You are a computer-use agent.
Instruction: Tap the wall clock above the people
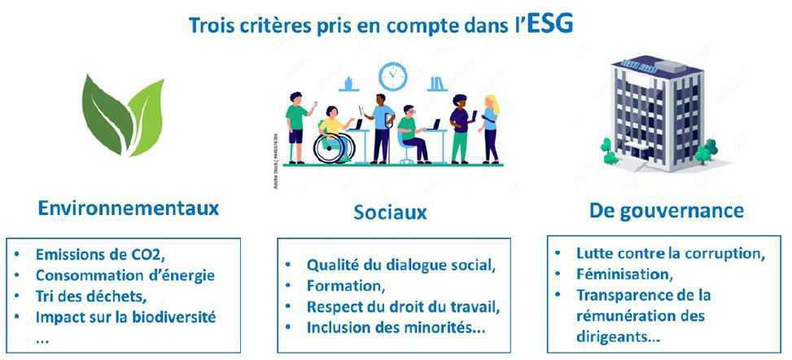click(x=392, y=76)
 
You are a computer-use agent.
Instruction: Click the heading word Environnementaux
click(x=129, y=208)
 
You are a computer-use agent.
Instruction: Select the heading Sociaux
click(x=390, y=213)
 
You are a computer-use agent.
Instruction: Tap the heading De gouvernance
click(x=666, y=211)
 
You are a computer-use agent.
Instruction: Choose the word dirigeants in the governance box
click(x=616, y=334)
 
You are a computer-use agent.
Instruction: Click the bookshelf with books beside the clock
click(x=436, y=82)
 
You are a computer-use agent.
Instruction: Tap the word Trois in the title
click(x=209, y=25)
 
